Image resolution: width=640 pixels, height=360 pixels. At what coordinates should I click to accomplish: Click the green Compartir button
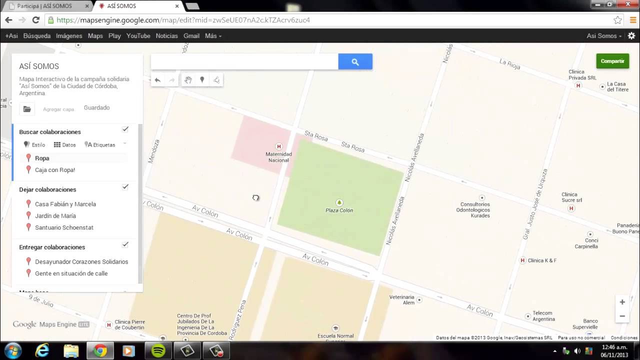click(612, 61)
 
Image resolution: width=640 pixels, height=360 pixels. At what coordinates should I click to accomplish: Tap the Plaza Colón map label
click(339, 210)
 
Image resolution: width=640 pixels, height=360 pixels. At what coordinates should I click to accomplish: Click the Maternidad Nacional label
click(278, 157)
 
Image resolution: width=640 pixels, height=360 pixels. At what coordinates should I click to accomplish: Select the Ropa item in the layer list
click(42, 158)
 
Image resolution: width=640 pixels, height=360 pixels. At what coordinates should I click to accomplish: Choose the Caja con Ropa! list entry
click(55, 170)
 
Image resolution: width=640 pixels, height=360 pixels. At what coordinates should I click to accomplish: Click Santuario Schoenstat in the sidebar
click(64, 227)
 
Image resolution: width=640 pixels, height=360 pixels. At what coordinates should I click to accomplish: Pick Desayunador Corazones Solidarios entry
click(81, 261)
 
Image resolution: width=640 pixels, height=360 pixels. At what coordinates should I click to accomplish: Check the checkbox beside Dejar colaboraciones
click(125, 187)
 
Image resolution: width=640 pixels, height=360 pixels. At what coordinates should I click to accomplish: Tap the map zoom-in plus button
click(622, 302)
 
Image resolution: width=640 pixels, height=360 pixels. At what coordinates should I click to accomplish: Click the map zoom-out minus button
click(622, 316)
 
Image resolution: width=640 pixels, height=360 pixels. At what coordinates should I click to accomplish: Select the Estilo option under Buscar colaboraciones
click(34, 145)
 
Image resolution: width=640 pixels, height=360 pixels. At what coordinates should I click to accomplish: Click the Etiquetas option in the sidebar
click(101, 145)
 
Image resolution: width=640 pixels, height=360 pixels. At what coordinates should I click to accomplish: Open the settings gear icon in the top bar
click(631, 36)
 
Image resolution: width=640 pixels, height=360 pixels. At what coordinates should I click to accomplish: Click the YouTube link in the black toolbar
click(138, 36)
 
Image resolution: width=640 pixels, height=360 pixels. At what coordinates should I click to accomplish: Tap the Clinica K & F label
click(542, 260)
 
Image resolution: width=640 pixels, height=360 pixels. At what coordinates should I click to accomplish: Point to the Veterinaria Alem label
click(402, 299)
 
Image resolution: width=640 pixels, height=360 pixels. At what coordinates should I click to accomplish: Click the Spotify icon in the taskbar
click(158, 351)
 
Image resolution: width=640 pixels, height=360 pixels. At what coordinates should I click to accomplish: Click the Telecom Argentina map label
click(543, 316)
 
